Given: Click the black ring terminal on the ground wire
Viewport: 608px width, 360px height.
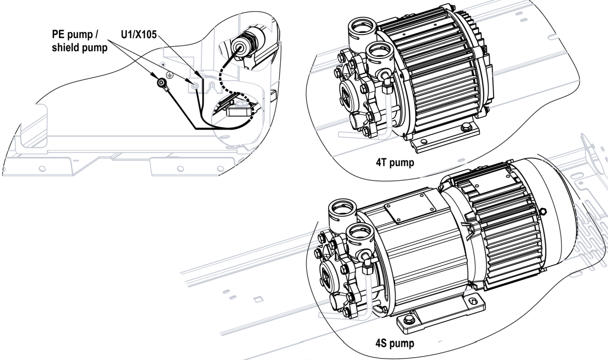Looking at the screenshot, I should point(162,85).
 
